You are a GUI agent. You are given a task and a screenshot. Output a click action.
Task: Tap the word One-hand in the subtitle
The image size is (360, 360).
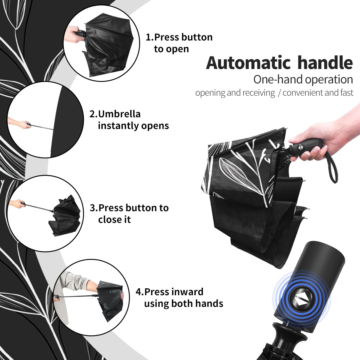[x=278, y=79]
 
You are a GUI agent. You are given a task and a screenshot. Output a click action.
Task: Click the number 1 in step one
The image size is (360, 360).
[x=148, y=37]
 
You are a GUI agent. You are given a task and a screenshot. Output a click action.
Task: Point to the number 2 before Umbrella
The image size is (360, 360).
[x=92, y=114]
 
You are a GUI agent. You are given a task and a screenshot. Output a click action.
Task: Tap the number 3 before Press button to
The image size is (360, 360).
[x=93, y=208]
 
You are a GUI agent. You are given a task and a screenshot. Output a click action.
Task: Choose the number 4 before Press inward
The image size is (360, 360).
[x=139, y=292]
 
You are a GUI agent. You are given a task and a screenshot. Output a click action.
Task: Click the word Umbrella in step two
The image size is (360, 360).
[x=119, y=114]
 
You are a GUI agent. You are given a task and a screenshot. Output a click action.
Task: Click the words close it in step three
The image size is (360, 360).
[x=114, y=219]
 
